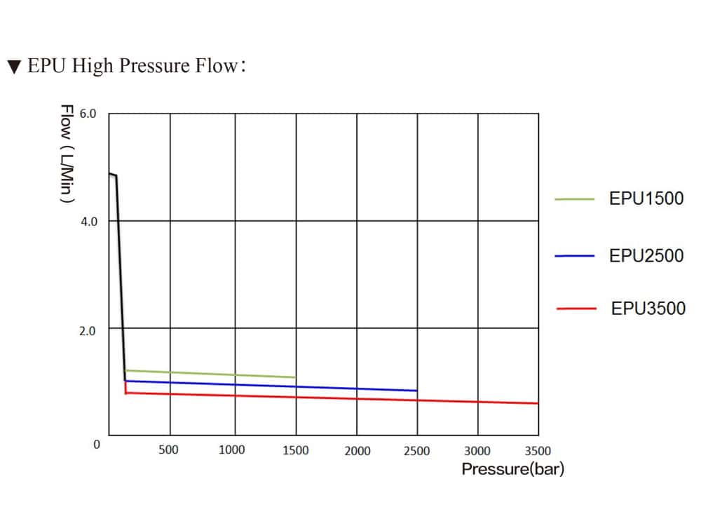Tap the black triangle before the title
(14, 67)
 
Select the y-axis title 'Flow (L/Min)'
(67, 154)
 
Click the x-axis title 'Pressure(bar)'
(512, 469)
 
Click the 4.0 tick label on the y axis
(88, 222)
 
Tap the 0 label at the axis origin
(97, 444)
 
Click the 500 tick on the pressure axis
(168, 450)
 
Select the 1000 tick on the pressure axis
(232, 450)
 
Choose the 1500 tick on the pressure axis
(295, 450)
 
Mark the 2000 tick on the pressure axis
(358, 451)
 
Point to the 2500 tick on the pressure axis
(417, 451)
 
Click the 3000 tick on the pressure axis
(477, 451)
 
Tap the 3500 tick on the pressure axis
(538, 451)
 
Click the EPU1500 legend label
(646, 198)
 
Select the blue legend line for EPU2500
(575, 256)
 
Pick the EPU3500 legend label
(648, 309)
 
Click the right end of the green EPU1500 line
(294, 377)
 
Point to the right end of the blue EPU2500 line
(416, 391)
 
